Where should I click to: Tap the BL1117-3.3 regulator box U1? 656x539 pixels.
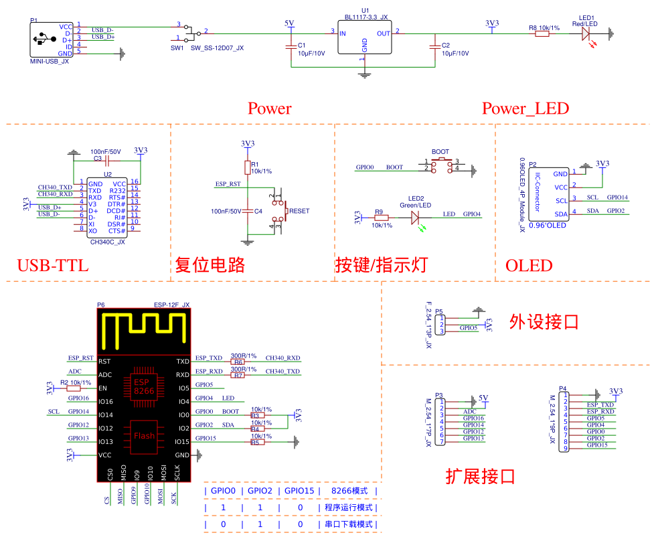(365, 37)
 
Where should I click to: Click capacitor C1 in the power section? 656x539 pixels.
(291, 47)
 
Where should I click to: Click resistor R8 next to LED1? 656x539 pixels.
(542, 31)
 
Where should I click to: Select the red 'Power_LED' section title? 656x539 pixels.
(525, 108)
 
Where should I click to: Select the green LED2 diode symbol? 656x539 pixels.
(414, 217)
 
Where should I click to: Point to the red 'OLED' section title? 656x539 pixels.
(529, 266)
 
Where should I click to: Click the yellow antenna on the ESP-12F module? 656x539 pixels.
(143, 329)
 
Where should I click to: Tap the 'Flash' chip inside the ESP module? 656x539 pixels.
(144, 435)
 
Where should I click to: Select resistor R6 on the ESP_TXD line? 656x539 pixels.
(238, 362)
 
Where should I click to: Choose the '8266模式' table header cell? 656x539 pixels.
(349, 491)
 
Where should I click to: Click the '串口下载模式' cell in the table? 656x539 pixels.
(349, 524)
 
